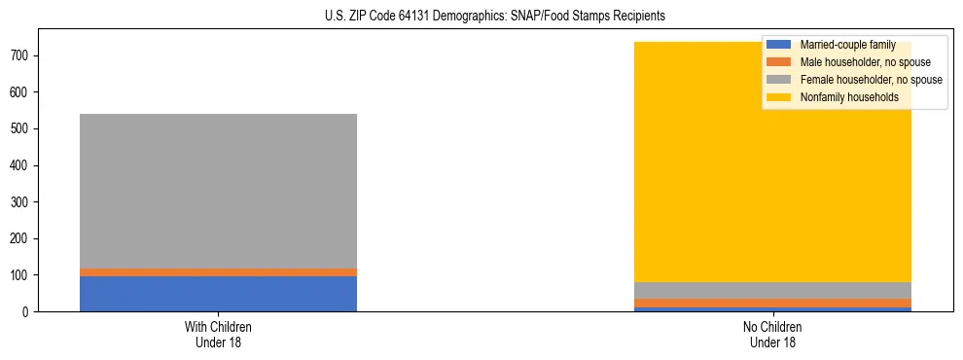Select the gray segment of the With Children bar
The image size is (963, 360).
coord(218,191)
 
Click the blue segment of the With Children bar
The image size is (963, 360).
coord(218,294)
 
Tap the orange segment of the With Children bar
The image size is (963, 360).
coord(218,272)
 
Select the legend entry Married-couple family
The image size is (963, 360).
coord(846,45)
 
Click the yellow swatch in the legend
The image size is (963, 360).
coord(779,97)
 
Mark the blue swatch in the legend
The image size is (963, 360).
coord(779,45)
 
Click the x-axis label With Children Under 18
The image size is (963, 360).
coord(218,334)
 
